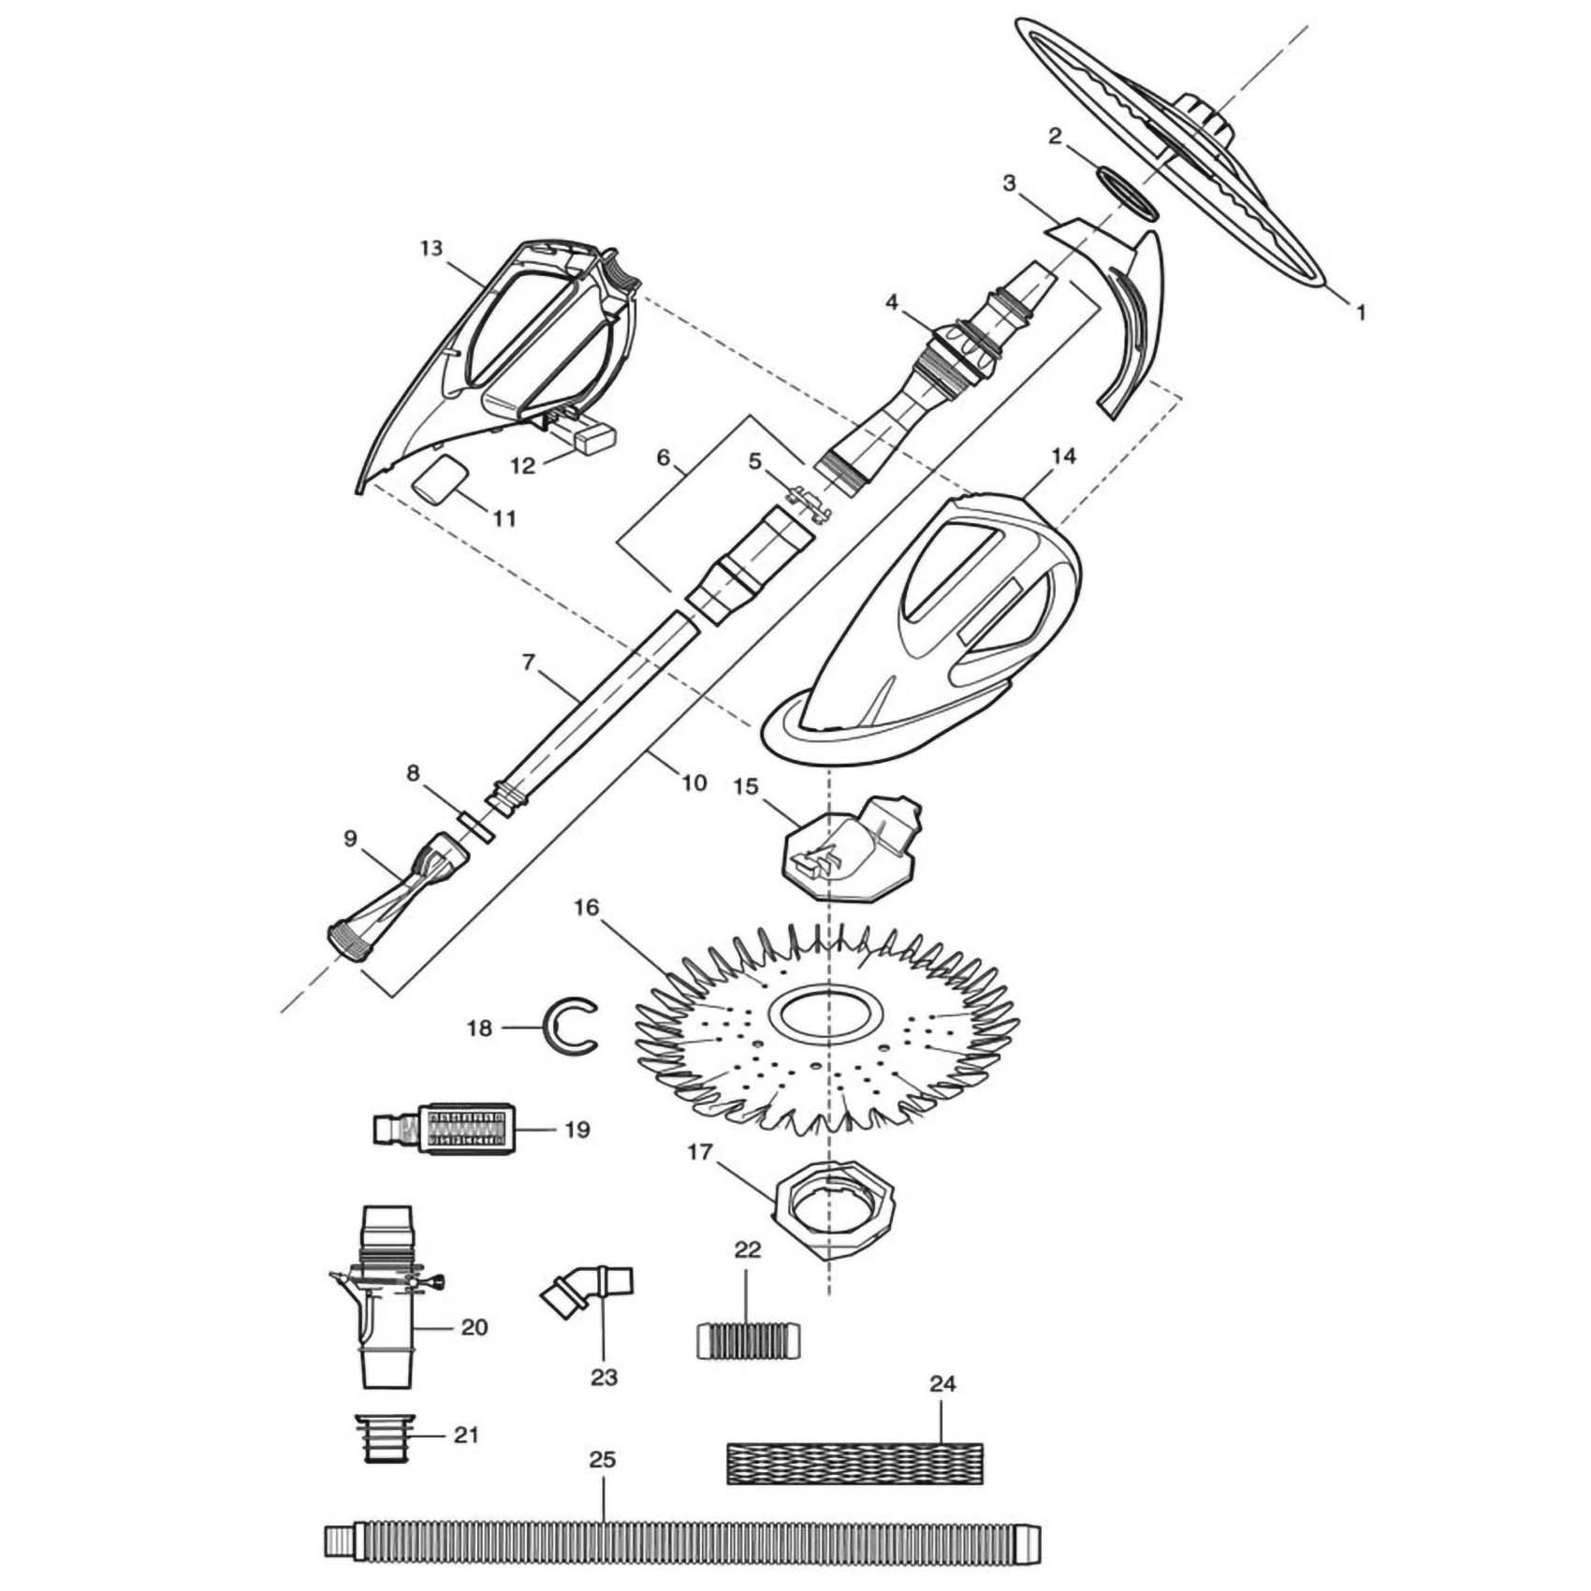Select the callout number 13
431,249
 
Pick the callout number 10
693,781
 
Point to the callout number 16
587,909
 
